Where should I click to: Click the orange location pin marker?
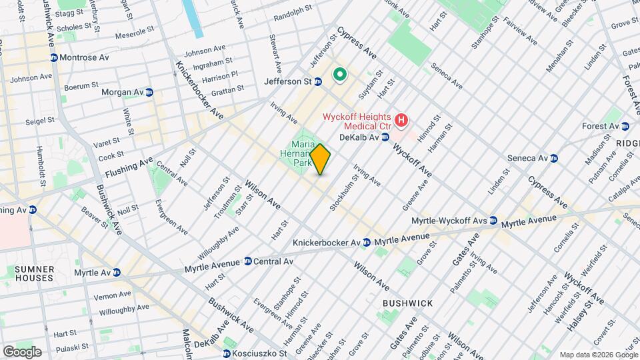tap(320, 159)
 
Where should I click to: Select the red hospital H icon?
tap(401, 121)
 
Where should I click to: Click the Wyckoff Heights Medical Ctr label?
tap(357, 121)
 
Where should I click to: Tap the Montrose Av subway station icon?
tap(53, 58)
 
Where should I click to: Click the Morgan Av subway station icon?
tap(149, 92)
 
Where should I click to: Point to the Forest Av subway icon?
tap(625, 126)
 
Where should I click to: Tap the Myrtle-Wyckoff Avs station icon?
tap(493, 221)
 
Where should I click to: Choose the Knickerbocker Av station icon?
tap(367, 241)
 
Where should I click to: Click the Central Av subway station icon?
tap(248, 261)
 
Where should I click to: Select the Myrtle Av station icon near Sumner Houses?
tap(117, 273)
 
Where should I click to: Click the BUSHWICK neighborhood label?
tap(407, 303)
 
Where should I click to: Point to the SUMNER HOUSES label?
tap(34, 273)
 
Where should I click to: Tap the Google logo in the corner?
tap(22, 351)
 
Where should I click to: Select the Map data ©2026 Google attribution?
tap(598, 355)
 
